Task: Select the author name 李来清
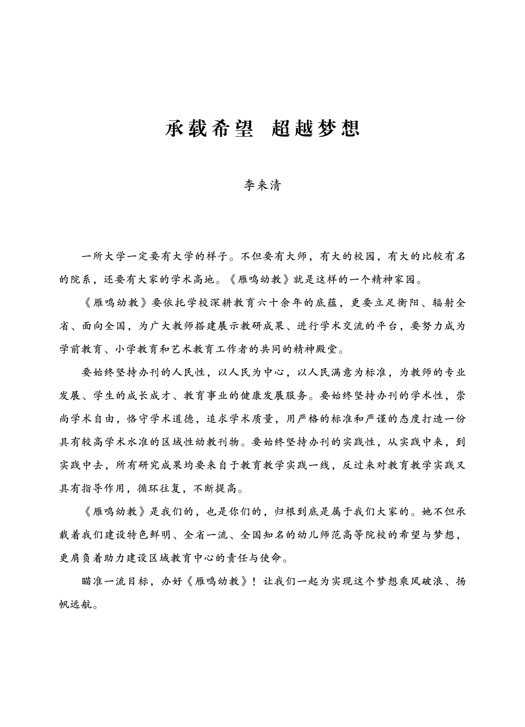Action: [x=262, y=185]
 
